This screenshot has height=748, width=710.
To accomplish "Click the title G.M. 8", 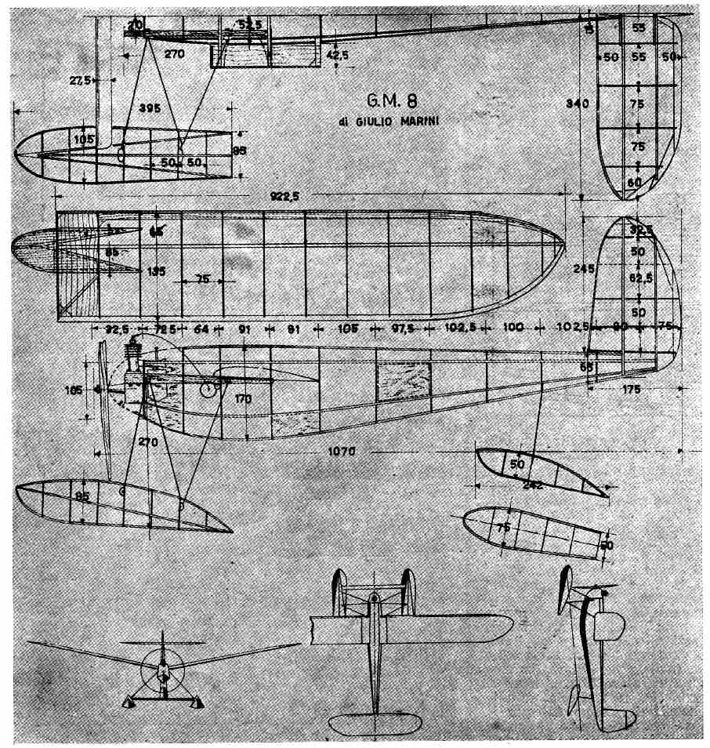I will pos(391,101).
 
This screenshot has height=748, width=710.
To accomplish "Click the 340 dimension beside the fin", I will pos(581,103).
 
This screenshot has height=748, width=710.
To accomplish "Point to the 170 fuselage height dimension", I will pos(243,399).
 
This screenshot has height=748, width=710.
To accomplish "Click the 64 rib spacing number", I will pos(201,330).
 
